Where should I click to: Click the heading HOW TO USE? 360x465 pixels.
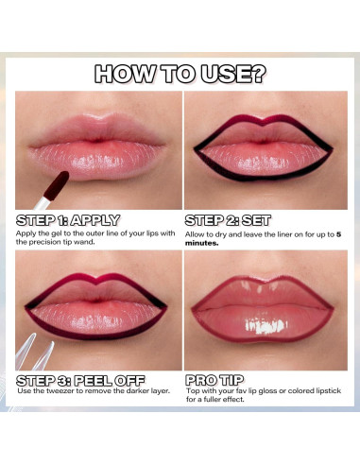180,74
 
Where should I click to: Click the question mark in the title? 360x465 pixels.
256,74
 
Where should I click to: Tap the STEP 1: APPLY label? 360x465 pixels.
68,219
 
